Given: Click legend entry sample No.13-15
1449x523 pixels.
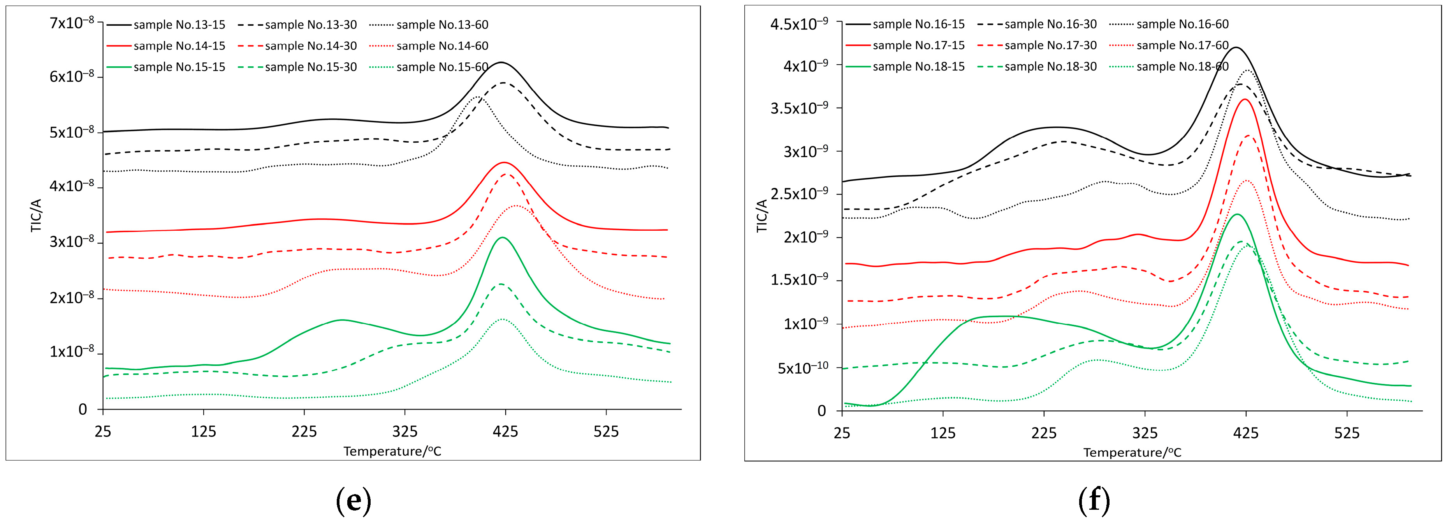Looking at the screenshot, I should click(179, 25).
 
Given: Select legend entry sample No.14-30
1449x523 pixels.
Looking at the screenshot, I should click(311, 46).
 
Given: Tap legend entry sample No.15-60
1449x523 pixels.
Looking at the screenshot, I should click(442, 67).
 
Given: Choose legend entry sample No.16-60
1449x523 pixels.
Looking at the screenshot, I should click(1182, 24).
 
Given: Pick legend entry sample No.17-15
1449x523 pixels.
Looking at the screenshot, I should click(918, 45).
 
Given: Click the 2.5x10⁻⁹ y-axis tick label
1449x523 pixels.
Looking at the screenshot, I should click(799, 194).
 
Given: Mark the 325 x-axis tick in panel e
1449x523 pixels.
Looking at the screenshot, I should click(404, 432).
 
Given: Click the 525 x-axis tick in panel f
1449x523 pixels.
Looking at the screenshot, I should click(1347, 433).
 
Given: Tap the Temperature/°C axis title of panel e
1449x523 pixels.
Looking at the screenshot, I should click(392, 452).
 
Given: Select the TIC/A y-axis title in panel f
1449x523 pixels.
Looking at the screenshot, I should click(761, 216).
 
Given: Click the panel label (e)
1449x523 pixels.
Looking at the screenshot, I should click(353, 500).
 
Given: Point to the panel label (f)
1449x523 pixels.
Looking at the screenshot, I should click(1094, 500).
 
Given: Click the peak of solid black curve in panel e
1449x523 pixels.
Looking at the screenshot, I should click(501, 62).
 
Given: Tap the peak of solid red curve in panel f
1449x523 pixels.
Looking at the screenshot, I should click(1245, 99).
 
